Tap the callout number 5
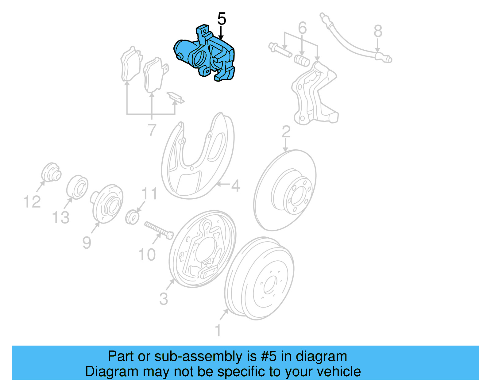coord(222,19)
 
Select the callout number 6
coord(302,28)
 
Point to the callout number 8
coord(378,31)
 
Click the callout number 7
coord(152,130)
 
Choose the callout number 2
coord(286,132)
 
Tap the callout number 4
coord(235,186)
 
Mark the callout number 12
coord(32,202)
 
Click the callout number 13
coord(61,218)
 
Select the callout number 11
coord(149,194)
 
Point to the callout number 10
coord(147,255)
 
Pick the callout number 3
coord(164,299)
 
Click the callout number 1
coord(218,331)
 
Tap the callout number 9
coord(87,243)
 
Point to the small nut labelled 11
coord(132,217)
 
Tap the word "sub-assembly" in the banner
coord(198,357)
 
